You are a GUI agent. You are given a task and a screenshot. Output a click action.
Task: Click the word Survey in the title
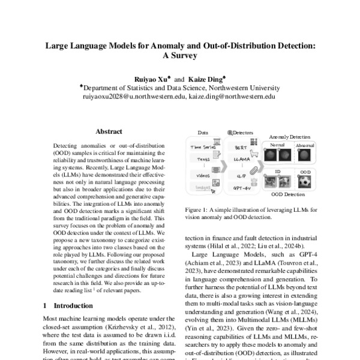[180, 56]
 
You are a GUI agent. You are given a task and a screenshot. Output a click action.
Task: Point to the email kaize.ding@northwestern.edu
[232, 95]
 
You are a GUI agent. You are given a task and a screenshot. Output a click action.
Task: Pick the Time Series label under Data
[204, 146]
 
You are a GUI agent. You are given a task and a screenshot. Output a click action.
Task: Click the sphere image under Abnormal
[298, 154]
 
